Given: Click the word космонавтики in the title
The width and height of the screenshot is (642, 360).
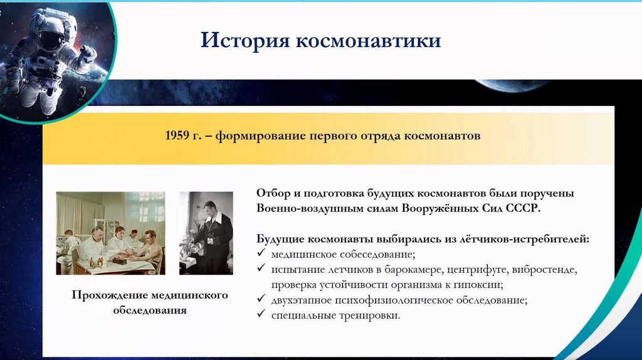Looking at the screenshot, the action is click(x=368, y=40).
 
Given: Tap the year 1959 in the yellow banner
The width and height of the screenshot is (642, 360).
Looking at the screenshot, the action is click(x=177, y=135).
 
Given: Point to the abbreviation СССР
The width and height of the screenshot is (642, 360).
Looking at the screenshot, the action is click(x=524, y=208).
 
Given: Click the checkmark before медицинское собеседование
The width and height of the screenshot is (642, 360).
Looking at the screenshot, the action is click(x=261, y=253).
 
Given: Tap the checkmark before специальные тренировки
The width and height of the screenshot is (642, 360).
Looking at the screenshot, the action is click(x=261, y=314).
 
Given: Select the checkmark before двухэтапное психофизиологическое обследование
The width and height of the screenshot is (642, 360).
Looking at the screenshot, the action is click(x=261, y=299).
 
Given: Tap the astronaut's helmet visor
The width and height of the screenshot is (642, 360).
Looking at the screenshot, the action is click(x=51, y=40).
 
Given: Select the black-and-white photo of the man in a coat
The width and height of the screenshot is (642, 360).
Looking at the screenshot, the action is click(x=206, y=233).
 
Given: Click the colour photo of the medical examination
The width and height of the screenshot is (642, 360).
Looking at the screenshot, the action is click(x=110, y=233).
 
